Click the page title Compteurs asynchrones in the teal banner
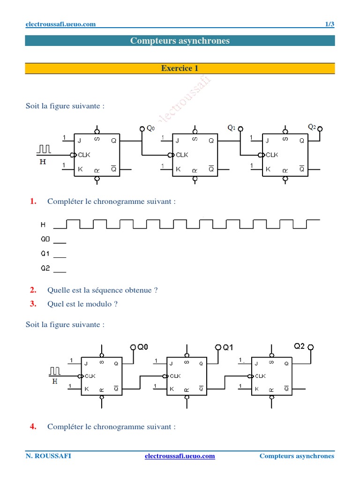[180, 41]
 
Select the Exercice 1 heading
[180, 68]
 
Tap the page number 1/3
[330, 24]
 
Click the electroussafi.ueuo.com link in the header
[60, 24]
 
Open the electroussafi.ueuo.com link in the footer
[180, 456]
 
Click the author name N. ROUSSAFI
[48, 456]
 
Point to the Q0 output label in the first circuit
[150, 128]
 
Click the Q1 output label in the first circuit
[231, 127]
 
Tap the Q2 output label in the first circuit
[312, 127]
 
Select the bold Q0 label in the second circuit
[142, 347]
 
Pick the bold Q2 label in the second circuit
[300, 346]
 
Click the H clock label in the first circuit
[43, 162]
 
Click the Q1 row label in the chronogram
[45, 254]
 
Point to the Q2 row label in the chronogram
[45, 269]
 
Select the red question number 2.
[33, 290]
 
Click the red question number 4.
[33, 427]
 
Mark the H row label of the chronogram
[43, 225]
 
